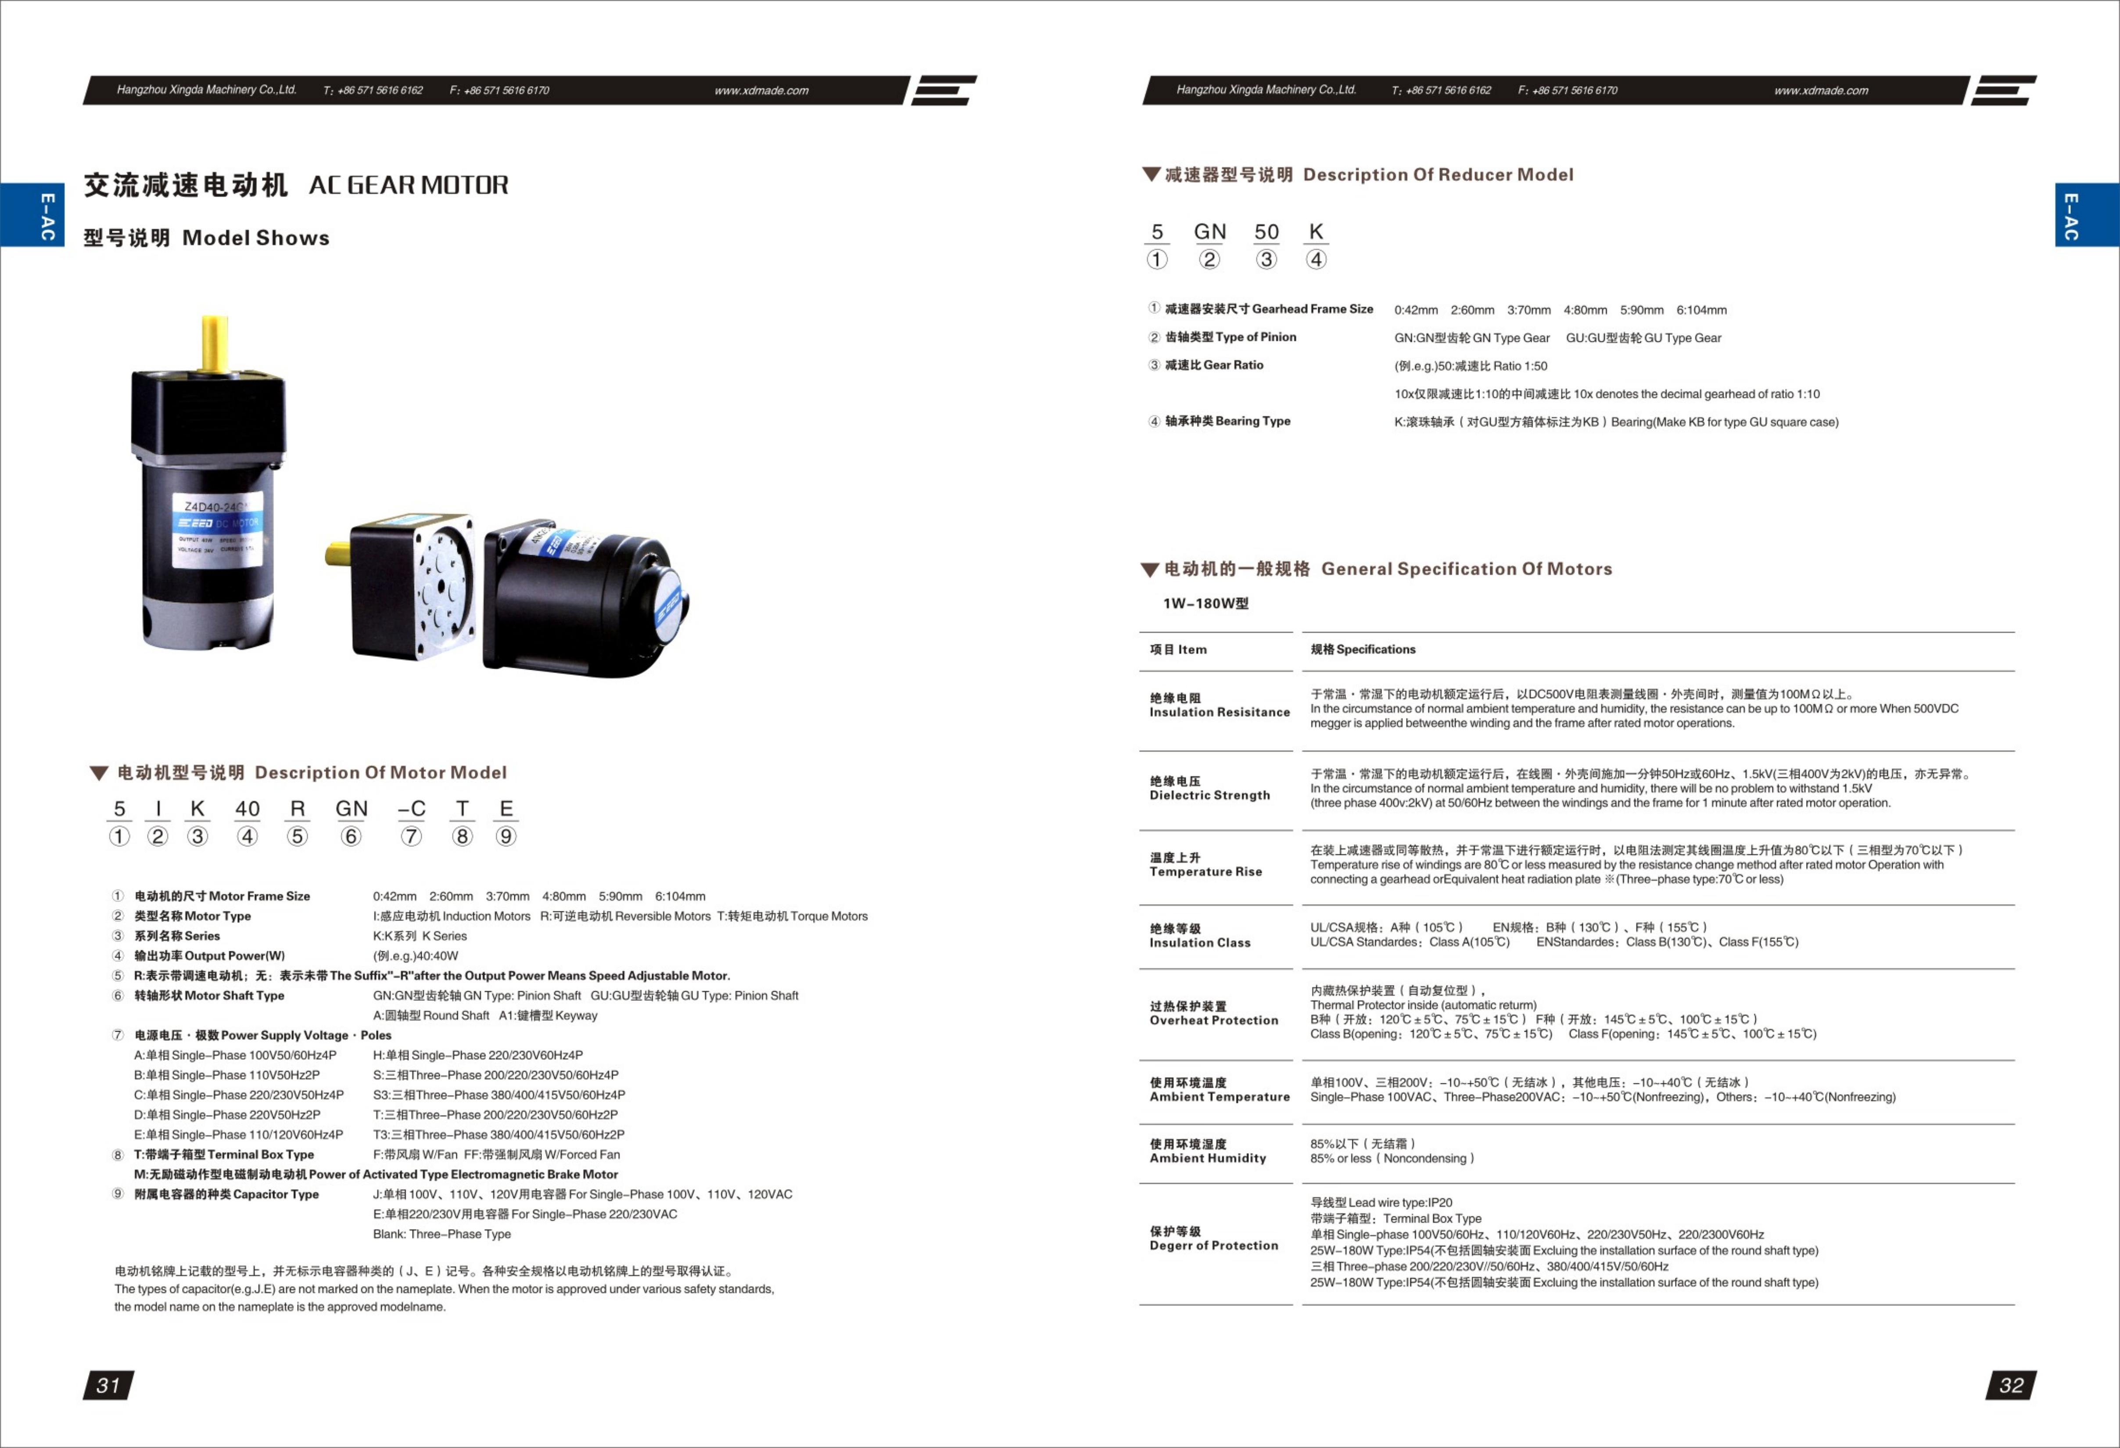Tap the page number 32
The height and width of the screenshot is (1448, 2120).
click(x=2011, y=1385)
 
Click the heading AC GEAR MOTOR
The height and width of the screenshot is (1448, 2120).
click(x=409, y=185)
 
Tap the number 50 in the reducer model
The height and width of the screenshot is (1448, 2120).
click(x=1266, y=232)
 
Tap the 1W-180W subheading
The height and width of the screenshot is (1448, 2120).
click(x=1205, y=603)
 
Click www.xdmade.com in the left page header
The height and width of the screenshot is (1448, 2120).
click(x=761, y=90)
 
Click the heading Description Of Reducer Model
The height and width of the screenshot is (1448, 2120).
click(x=1438, y=174)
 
